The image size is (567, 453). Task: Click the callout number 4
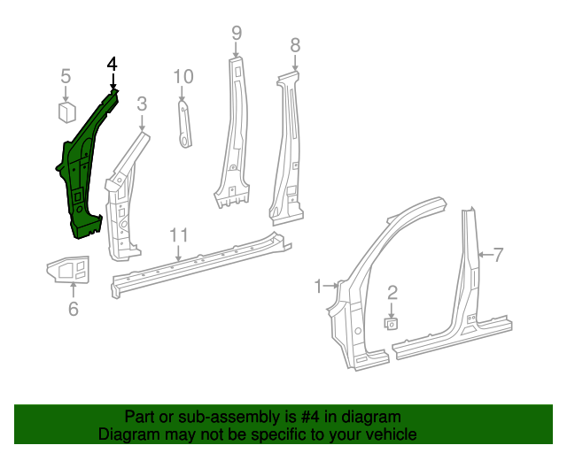(112, 64)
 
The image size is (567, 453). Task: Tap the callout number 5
(66, 77)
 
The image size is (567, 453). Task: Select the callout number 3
(142, 104)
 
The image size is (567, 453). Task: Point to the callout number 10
(183, 76)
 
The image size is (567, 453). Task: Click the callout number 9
(237, 33)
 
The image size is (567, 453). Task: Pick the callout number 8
(295, 44)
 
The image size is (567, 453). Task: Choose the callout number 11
(179, 234)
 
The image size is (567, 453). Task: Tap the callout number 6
(74, 308)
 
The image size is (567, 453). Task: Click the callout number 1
(319, 285)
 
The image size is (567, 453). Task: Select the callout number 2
(392, 291)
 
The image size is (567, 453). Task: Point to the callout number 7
(498, 256)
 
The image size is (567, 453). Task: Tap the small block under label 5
(66, 111)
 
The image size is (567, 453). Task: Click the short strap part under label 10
(184, 123)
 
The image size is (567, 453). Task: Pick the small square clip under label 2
(391, 323)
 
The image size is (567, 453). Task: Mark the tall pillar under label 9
(232, 133)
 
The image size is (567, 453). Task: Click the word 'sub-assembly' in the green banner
(229, 417)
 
